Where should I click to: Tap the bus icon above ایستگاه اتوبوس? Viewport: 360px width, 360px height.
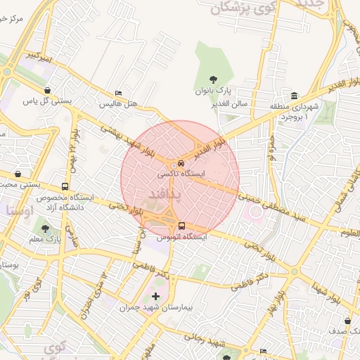coord(182,226)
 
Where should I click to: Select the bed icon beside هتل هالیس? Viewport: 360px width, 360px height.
coord(118,94)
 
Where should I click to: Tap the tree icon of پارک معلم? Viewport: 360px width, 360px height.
coord(46,229)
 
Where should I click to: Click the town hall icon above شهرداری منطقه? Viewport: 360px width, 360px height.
coord(294,96)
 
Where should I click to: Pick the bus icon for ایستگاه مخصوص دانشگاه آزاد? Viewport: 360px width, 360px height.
coord(65,187)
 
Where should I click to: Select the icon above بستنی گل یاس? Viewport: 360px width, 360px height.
coord(47,91)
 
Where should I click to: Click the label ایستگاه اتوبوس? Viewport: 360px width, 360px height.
coord(183,238)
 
